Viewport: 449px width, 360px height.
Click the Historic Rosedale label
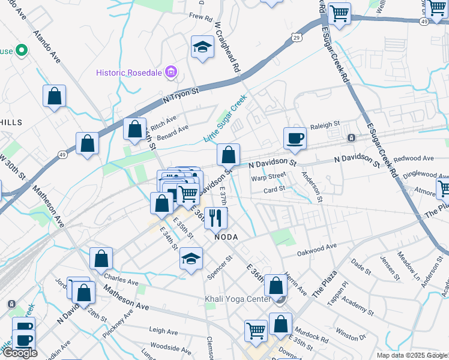[x=130, y=73]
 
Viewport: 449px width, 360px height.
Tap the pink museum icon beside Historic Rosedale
[x=172, y=73]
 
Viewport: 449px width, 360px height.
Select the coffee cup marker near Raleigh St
[x=295, y=138]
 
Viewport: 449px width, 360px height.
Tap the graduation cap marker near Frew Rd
[x=203, y=47]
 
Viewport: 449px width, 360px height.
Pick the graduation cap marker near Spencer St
[x=191, y=259]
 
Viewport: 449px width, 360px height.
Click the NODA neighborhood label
[x=226, y=237]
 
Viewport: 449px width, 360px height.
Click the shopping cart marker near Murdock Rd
[x=256, y=330]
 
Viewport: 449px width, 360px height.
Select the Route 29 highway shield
[x=297, y=37]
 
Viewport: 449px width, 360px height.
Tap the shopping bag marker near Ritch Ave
[x=135, y=129]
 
